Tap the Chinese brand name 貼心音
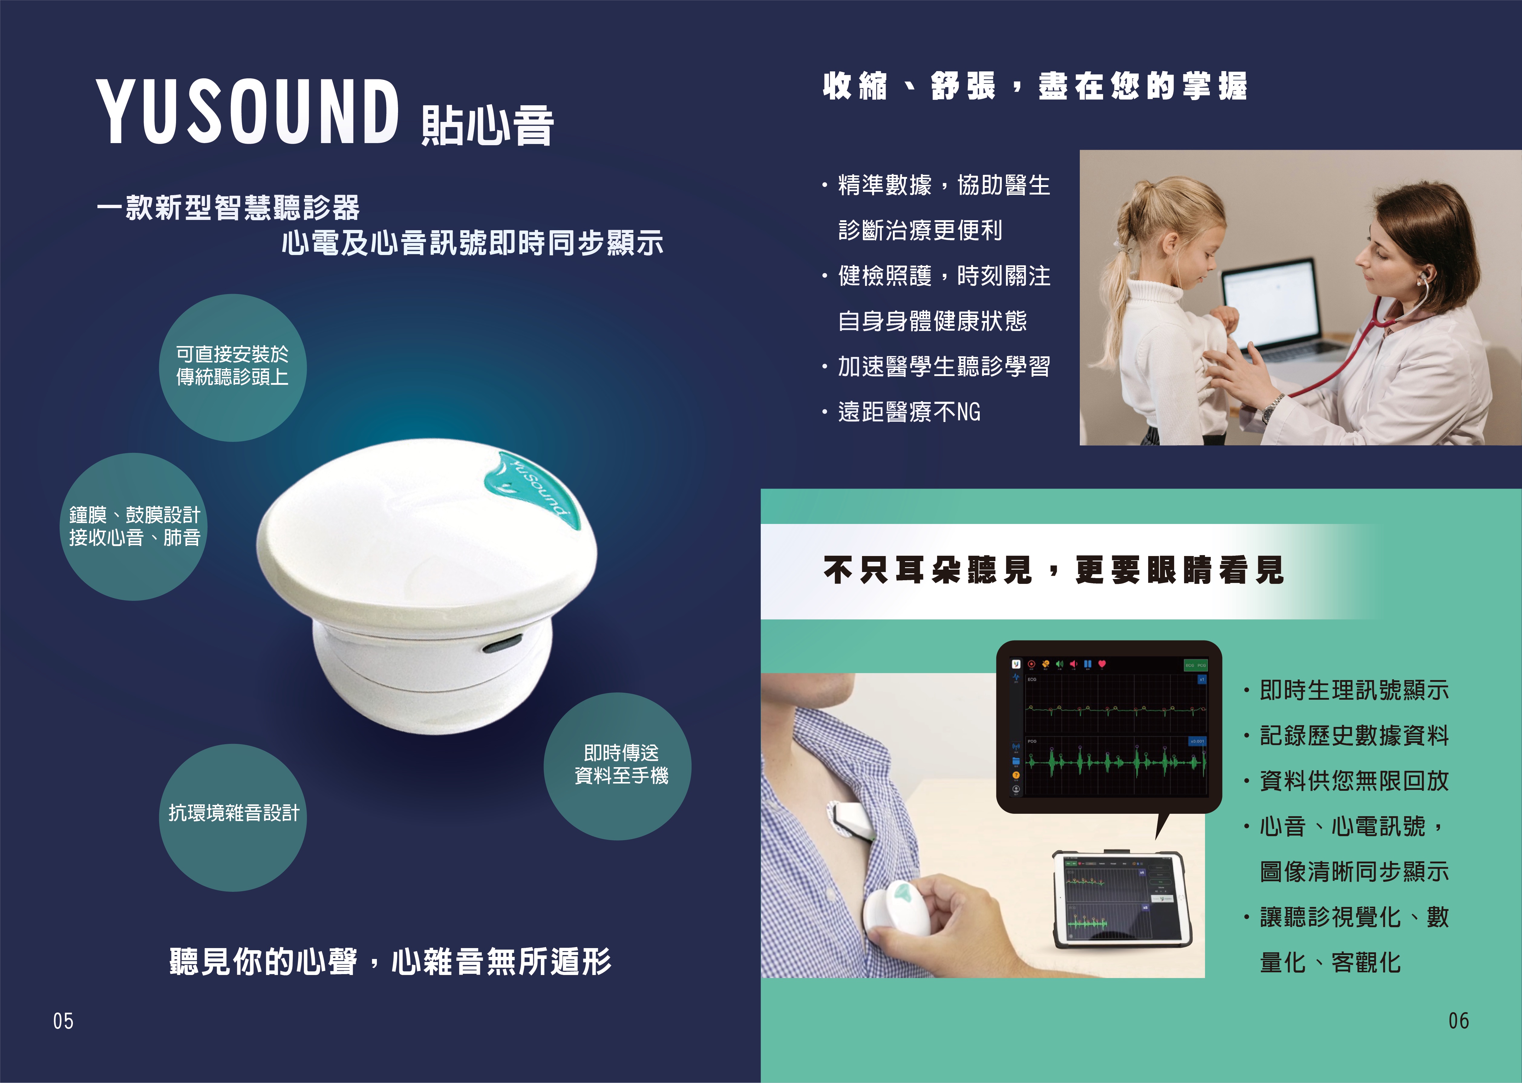click(488, 125)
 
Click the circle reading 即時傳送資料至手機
click(617, 766)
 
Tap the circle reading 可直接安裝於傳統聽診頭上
click(233, 368)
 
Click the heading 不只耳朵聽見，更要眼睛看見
click(1054, 570)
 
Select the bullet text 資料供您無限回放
click(1355, 781)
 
